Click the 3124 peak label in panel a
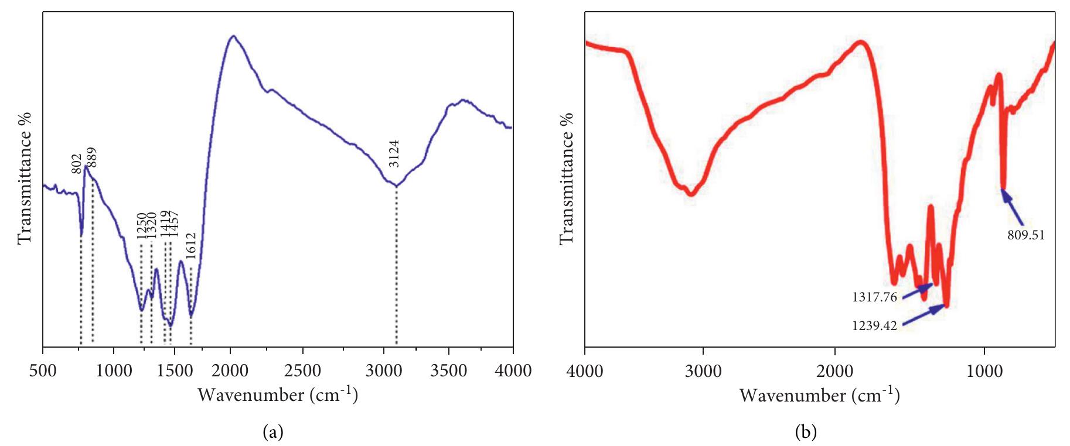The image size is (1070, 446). pyautogui.click(x=394, y=153)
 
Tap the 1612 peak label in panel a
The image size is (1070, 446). pyautogui.click(x=191, y=246)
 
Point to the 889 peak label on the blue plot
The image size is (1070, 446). pyautogui.click(x=92, y=158)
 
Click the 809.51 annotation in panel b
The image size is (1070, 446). pyautogui.click(x=1026, y=236)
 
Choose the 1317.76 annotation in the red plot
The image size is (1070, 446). pyautogui.click(x=874, y=297)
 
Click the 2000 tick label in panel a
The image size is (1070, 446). pyautogui.click(x=231, y=370)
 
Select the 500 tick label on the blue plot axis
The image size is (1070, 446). pyautogui.click(x=43, y=370)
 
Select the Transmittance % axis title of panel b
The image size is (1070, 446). pyautogui.click(x=566, y=179)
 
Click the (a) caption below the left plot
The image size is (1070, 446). pyautogui.click(x=273, y=433)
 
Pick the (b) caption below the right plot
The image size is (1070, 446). pyautogui.click(x=805, y=433)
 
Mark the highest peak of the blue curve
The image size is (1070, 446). pyautogui.click(x=234, y=36)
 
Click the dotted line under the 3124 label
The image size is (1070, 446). pyautogui.click(x=397, y=263)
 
